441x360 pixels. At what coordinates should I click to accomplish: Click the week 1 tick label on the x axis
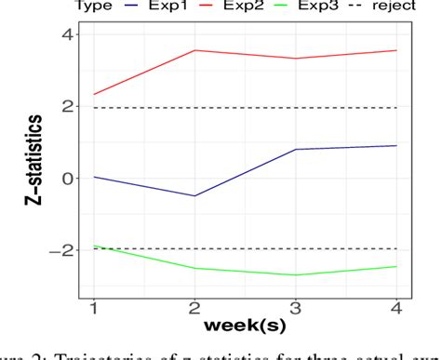pos(94,308)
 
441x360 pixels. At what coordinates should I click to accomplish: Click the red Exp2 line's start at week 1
pos(94,94)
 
